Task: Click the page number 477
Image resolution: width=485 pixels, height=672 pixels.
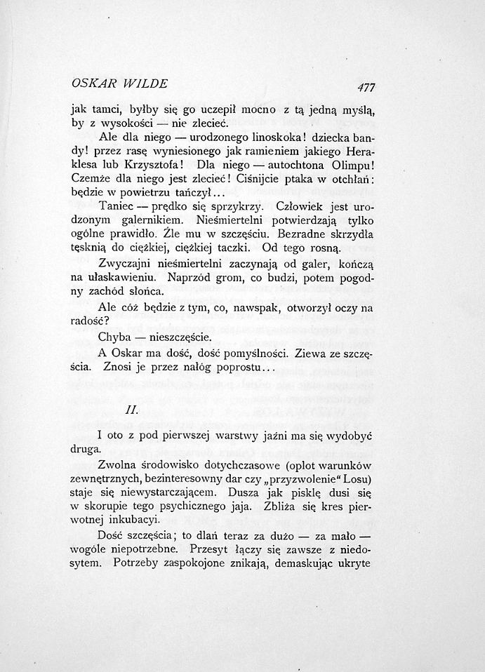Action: click(366, 88)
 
